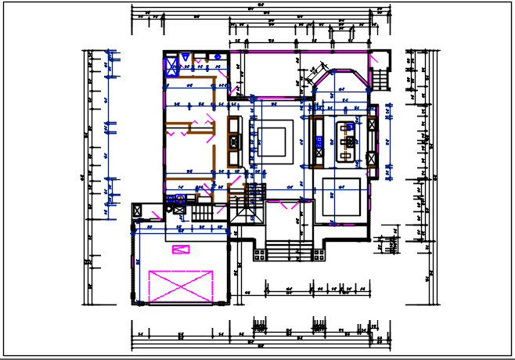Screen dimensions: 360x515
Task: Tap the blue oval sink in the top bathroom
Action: click(185, 56)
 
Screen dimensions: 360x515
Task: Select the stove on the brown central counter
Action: click(233, 142)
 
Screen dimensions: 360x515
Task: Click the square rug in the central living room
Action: click(274, 142)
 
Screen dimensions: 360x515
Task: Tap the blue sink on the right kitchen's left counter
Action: click(319, 142)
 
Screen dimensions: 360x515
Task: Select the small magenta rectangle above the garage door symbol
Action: click(182, 249)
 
